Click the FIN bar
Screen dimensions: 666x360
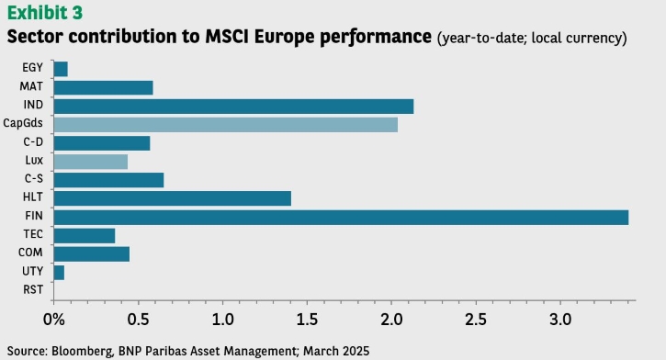click(x=341, y=218)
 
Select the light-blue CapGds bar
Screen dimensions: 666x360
click(x=226, y=125)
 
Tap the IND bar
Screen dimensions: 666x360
click(x=233, y=107)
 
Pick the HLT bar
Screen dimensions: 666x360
click(x=173, y=198)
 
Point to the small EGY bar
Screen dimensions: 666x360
click(x=61, y=69)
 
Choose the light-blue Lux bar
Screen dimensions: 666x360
click(x=91, y=162)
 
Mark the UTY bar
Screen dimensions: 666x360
click(x=59, y=273)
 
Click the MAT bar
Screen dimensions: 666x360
click(x=103, y=88)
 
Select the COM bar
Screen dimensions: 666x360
click(x=92, y=254)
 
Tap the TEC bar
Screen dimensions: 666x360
click(x=85, y=236)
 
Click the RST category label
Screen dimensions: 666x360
click(x=33, y=289)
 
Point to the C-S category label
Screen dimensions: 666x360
click(x=34, y=178)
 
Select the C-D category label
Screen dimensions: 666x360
click(x=33, y=141)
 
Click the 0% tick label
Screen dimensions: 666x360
click(x=54, y=320)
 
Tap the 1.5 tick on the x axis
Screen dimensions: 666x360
click(x=307, y=320)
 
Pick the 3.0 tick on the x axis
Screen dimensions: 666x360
click(x=560, y=320)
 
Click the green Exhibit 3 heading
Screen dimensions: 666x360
click(x=45, y=13)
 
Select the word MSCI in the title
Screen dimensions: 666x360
click(x=227, y=37)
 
